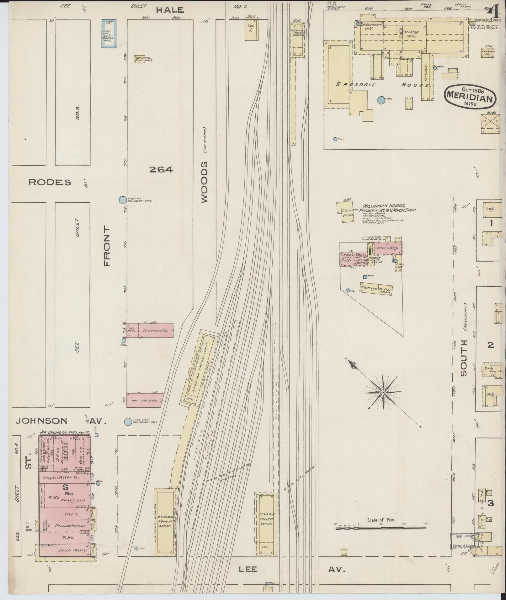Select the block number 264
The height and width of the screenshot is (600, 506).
(161, 170)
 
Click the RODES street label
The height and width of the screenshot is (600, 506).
(50, 182)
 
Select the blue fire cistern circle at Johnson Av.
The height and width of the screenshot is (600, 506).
(128, 422)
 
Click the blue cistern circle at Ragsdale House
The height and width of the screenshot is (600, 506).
(381, 100)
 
